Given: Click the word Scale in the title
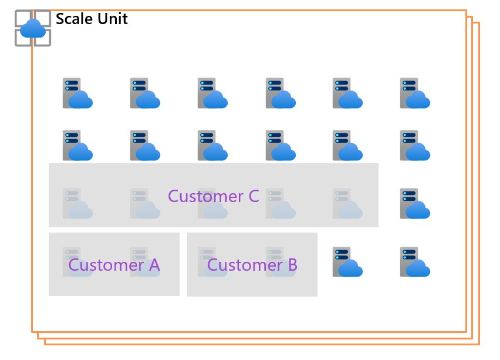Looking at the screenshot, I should tap(73, 19).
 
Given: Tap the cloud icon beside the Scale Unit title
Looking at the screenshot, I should tap(33, 28).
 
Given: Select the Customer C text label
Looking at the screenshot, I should tap(213, 196).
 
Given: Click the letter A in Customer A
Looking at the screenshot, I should tap(154, 265).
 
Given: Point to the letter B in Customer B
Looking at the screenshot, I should tap(292, 265).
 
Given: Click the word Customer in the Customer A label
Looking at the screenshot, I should tap(106, 265).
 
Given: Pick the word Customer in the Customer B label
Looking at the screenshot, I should tap(245, 265).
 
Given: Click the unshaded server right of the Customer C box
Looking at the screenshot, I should tap(415, 204).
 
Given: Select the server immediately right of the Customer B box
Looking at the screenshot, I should tap(347, 262).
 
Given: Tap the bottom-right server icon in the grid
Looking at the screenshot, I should tap(415, 262).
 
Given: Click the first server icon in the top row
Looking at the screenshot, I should tap(77, 93).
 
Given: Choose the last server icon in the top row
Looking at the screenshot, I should tap(415, 93).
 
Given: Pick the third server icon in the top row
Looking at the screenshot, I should tap(212, 93).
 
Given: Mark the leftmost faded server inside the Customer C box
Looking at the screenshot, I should tap(77, 204).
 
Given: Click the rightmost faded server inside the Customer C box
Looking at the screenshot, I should tap(347, 204).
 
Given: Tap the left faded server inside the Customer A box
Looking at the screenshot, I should tap(77, 262).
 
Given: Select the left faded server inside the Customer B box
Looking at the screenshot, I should tap(212, 262).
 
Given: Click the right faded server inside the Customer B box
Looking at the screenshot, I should tap(280, 262).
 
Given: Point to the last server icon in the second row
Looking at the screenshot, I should tap(415, 146).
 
